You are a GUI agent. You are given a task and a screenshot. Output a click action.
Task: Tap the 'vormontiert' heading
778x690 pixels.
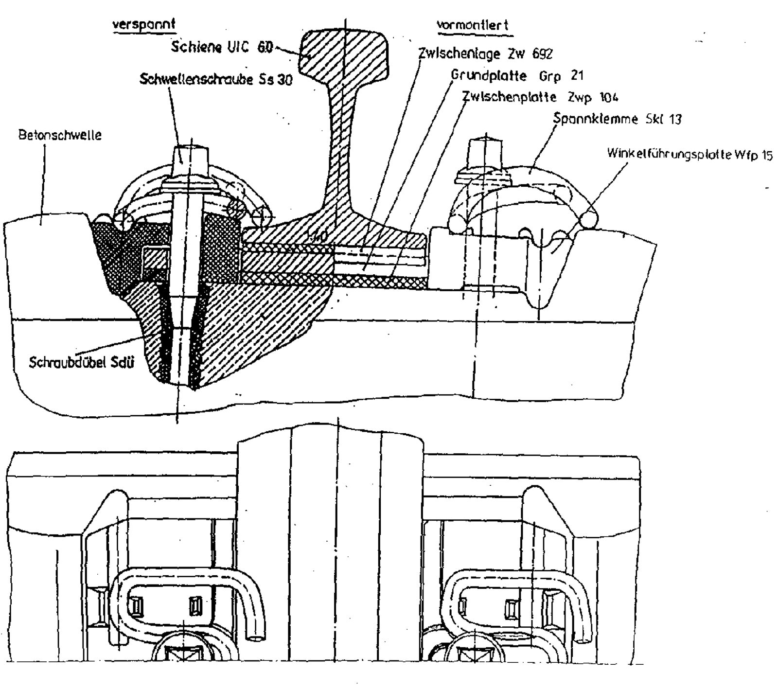(472, 25)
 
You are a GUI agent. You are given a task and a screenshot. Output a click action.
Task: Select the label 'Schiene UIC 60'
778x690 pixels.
(222, 48)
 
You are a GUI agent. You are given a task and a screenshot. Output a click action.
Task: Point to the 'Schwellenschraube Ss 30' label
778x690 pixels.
(216, 79)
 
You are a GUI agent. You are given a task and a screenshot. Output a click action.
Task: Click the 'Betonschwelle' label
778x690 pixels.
(60, 135)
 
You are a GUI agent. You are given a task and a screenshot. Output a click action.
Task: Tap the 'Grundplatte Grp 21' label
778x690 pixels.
(517, 76)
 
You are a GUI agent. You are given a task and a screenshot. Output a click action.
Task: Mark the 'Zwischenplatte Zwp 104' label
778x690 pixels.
(540, 97)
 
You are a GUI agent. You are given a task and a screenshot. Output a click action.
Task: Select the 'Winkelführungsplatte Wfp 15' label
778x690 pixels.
(690, 155)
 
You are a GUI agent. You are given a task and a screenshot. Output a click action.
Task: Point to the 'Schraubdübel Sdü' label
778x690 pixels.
(81, 363)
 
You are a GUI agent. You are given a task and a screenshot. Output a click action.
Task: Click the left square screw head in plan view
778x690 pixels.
(183, 654)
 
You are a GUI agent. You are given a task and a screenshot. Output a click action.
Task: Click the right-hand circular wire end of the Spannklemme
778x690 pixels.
(587, 219)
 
